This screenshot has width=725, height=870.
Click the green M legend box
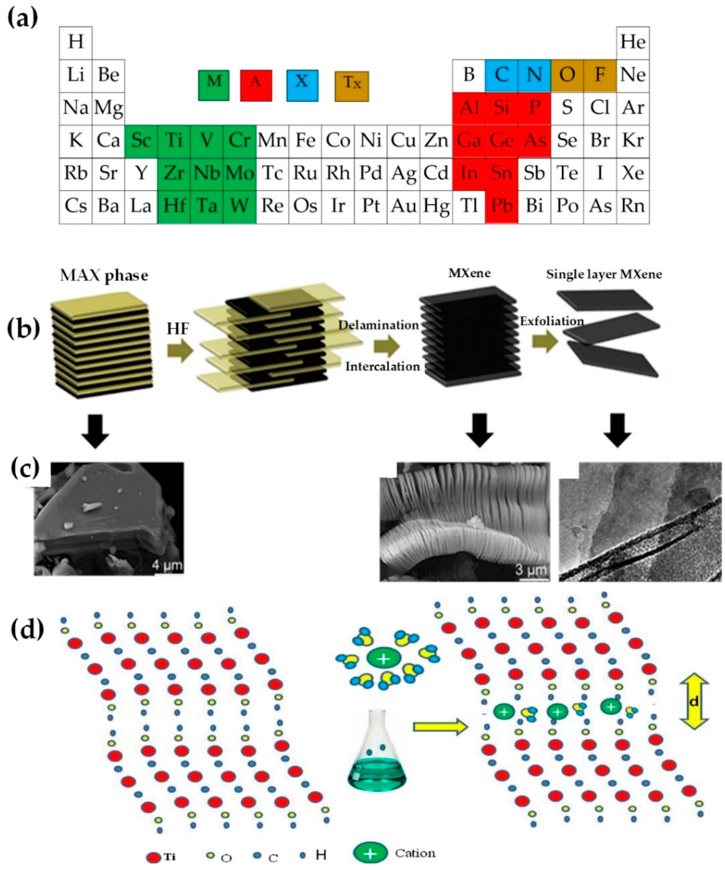[x=213, y=85]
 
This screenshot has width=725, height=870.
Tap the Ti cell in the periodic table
[x=174, y=141]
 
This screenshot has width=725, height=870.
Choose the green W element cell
[x=239, y=206]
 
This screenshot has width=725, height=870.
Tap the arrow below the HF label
[x=180, y=351]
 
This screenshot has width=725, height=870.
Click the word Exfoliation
[x=552, y=321]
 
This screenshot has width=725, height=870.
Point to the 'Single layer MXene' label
[x=604, y=274]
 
